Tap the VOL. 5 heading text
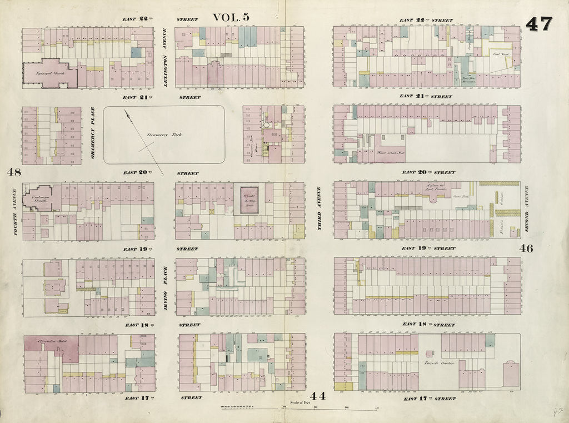pos(231,17)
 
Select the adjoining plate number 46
pos(526,248)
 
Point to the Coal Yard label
pos(501,54)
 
